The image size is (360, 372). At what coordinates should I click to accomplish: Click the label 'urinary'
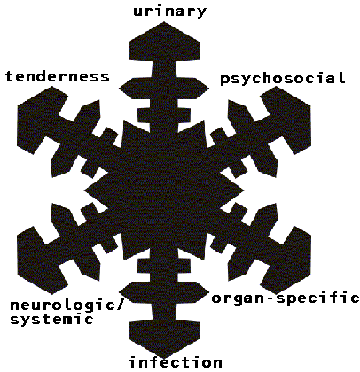tap(169, 12)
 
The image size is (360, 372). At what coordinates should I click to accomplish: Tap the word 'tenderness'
tap(58, 77)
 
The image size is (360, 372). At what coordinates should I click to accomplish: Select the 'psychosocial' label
tap(283, 79)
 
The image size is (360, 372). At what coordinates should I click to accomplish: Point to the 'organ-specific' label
tap(286, 298)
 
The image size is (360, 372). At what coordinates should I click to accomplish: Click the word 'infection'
tap(176, 362)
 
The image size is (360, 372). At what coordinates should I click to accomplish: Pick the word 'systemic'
tap(52, 320)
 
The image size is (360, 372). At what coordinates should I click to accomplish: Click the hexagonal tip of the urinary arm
tap(164, 43)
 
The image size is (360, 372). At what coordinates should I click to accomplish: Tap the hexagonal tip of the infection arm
tap(164, 337)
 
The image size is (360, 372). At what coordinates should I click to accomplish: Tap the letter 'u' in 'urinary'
tap(138, 12)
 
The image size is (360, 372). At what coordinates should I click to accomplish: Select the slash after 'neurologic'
tap(118, 306)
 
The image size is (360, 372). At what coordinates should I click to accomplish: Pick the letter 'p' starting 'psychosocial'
tap(225, 80)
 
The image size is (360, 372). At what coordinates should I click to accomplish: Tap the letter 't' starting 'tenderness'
tap(10, 77)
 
